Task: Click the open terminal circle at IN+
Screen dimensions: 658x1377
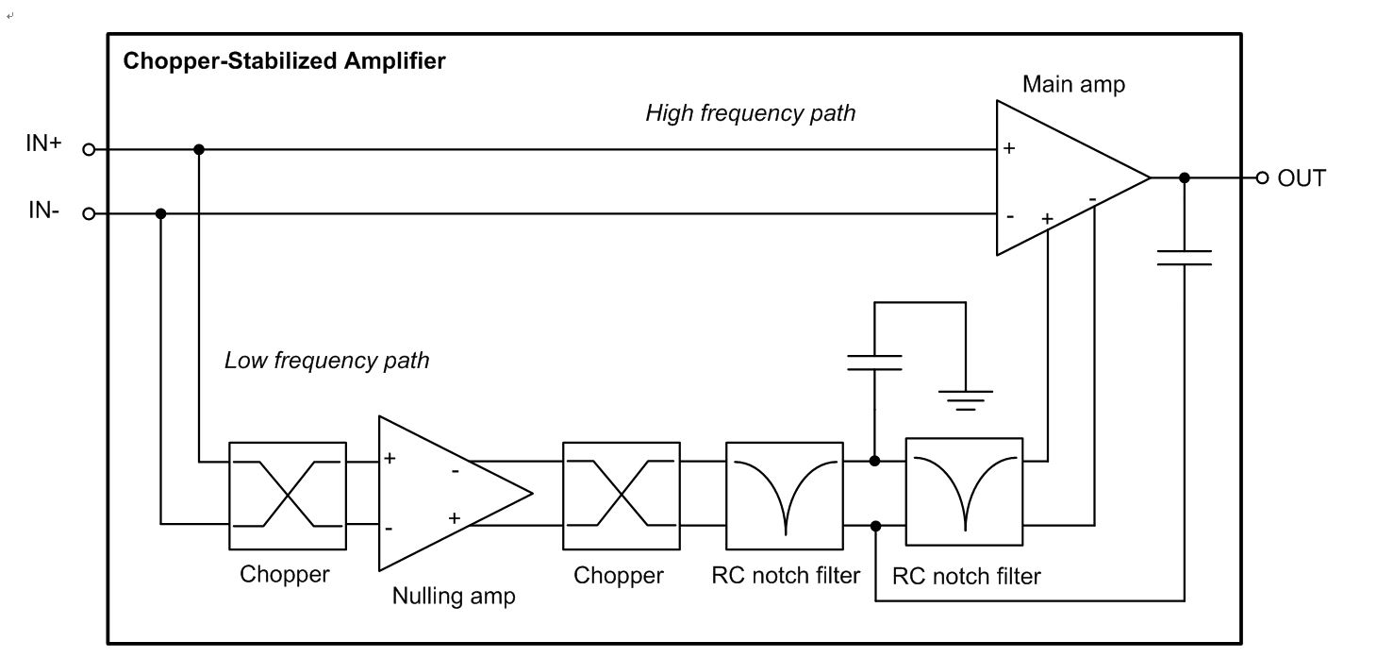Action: [89, 149]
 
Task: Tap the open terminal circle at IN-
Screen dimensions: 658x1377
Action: [89, 214]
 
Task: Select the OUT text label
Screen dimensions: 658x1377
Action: [1302, 178]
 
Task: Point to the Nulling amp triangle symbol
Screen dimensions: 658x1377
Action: [443, 493]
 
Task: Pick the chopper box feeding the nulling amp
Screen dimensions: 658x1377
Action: [287, 495]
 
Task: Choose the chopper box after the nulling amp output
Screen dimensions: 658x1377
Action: [621, 495]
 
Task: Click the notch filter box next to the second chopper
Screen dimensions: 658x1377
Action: [785, 495]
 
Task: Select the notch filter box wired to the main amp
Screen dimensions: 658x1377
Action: [964, 491]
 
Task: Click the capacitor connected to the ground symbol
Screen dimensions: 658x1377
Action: [874, 363]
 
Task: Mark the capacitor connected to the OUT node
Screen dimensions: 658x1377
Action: [1184, 258]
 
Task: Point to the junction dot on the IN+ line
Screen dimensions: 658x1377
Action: [198, 149]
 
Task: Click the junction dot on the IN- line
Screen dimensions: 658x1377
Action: [161, 214]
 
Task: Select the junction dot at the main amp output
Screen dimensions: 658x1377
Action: [1185, 177]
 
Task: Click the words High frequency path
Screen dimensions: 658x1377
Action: [750, 113]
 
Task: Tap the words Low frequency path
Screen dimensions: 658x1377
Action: [326, 361]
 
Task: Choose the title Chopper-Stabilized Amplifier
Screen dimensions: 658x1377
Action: [284, 62]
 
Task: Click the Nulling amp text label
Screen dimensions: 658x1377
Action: [454, 597]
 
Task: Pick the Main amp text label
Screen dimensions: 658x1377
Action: [1073, 85]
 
